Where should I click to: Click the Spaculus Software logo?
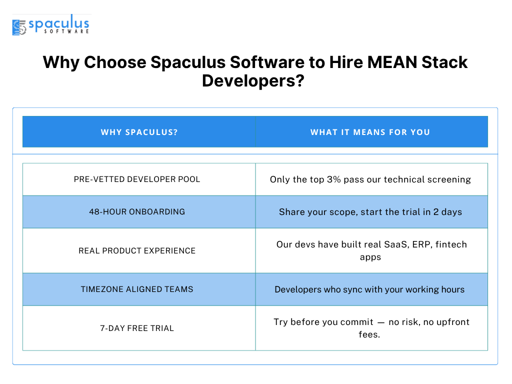(x=51, y=24)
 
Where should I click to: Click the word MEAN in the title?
(x=392, y=62)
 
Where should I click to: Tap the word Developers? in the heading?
(x=253, y=80)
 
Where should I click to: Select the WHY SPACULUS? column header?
(x=139, y=132)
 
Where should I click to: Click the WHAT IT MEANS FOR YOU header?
(x=370, y=132)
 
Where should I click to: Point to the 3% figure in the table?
(x=333, y=179)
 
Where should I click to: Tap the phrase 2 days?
(x=447, y=212)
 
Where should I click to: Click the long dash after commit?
(x=381, y=322)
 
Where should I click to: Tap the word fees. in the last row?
(x=369, y=334)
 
